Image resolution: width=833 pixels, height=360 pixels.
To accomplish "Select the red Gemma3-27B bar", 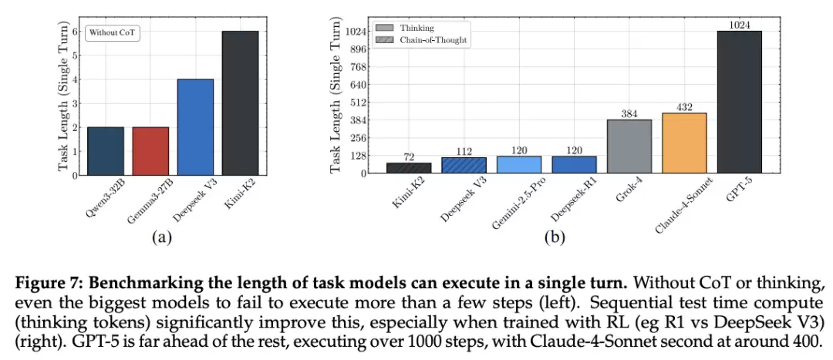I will (x=150, y=150).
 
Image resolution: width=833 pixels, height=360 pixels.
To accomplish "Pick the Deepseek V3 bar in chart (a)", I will (x=195, y=127).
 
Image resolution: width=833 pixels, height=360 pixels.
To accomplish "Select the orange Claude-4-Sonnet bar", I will (x=683, y=143).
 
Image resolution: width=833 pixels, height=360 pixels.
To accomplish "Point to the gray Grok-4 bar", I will (x=629, y=146).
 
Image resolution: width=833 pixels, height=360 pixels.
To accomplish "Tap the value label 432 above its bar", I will (x=683, y=107).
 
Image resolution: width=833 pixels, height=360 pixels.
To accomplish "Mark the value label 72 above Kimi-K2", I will (x=408, y=156).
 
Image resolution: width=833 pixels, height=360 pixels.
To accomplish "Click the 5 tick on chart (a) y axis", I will (x=75, y=56).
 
